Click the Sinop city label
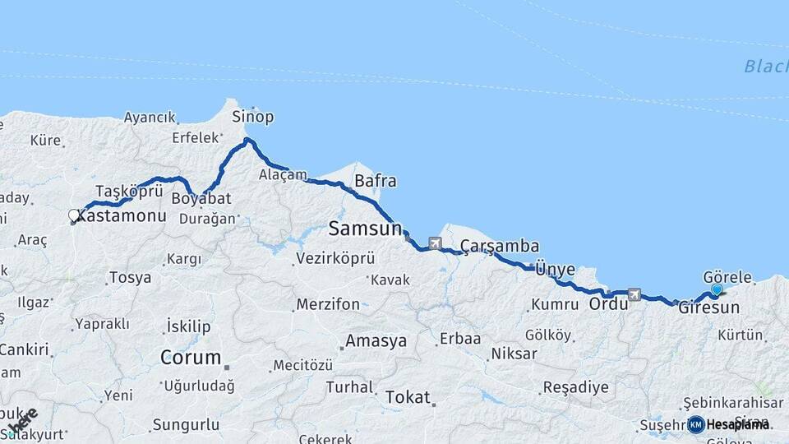coord(252,116)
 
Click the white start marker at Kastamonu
coord(74,216)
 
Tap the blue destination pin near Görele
coord(717,289)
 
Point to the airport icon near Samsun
coord(434,243)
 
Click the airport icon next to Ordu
coord(633,294)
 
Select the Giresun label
coord(708,308)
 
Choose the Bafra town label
coord(375,181)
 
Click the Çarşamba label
coord(499,246)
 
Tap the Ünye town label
coord(552,269)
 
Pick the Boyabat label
coord(201,199)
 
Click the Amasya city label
coord(376,340)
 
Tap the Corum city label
coord(191,358)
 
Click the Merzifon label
coord(328,304)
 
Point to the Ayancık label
coord(150,118)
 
